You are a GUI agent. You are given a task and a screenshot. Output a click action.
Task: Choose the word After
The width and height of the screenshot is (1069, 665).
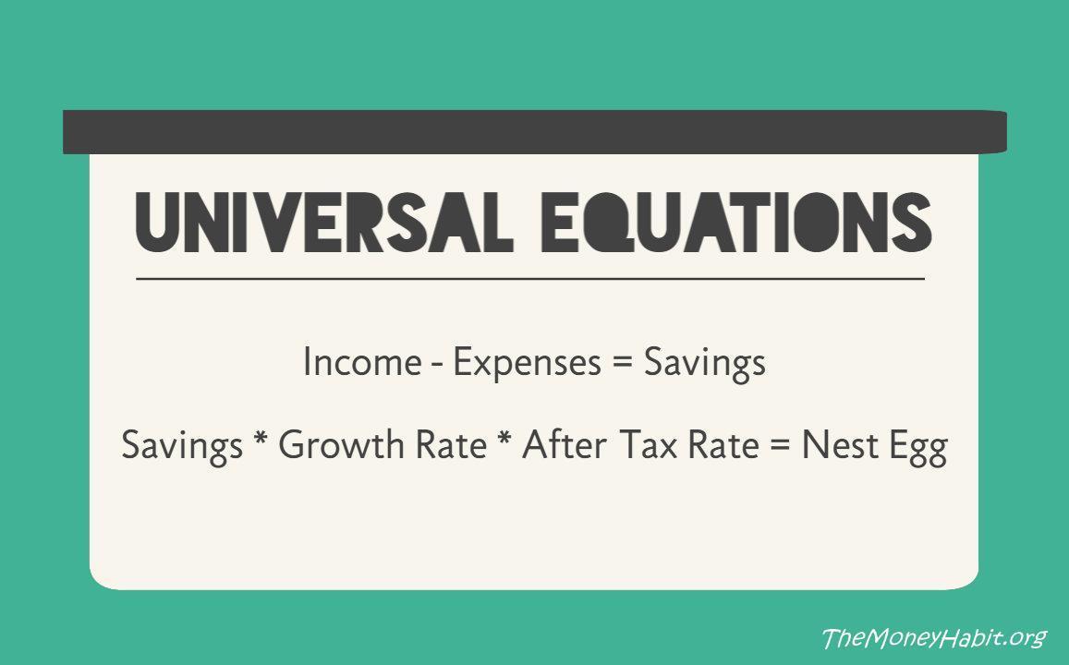pos(564,447)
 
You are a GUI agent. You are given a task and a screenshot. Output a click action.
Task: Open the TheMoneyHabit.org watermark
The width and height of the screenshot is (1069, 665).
pos(933,637)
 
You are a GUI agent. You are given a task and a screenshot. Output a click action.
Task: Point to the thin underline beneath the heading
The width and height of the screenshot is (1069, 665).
pos(529,278)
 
